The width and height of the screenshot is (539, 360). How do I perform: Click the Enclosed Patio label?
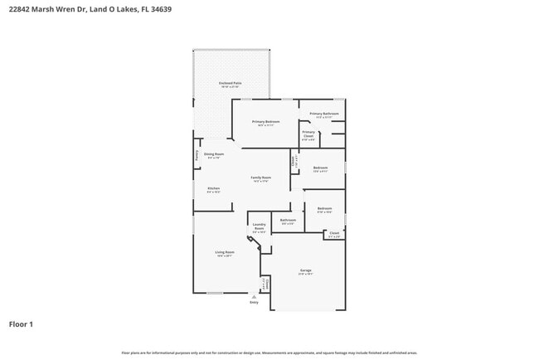(x=230, y=84)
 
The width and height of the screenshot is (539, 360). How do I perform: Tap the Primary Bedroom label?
(x=266, y=122)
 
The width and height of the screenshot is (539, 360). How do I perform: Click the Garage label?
(x=306, y=270)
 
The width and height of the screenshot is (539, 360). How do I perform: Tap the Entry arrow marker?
(x=255, y=294)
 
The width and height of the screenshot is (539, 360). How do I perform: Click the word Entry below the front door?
(x=255, y=302)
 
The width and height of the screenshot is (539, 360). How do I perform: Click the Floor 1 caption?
(x=21, y=324)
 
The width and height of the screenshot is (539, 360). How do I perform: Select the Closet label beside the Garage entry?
(x=266, y=284)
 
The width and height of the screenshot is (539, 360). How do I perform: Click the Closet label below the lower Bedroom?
(x=334, y=233)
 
